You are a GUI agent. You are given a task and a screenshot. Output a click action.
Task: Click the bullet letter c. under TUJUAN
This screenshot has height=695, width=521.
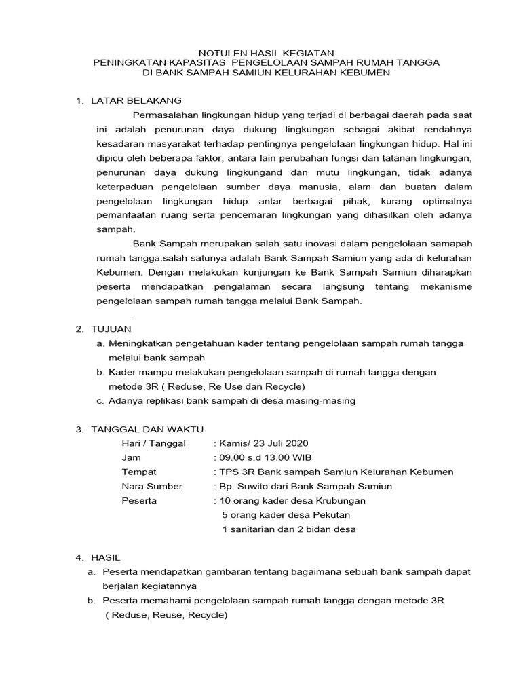[100, 400]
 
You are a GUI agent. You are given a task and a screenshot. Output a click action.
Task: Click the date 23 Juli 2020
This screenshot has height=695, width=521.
[279, 443]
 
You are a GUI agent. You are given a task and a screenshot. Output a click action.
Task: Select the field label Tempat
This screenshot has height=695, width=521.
[139, 472]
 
